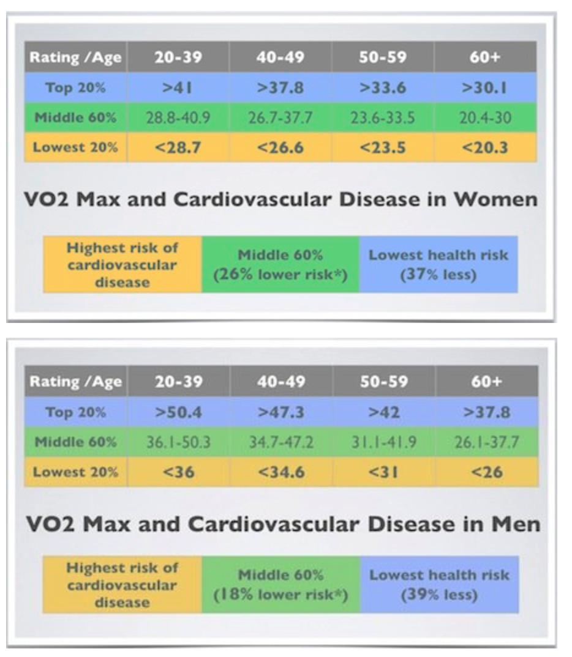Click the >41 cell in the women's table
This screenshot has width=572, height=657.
(x=178, y=87)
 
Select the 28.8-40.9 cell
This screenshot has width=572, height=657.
(x=178, y=117)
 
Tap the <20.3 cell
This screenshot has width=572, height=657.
(x=485, y=147)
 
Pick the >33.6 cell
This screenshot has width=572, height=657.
(x=383, y=87)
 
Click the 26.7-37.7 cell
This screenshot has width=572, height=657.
(x=280, y=117)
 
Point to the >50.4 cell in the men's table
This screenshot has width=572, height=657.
(x=178, y=412)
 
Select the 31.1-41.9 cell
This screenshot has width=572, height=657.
(x=384, y=442)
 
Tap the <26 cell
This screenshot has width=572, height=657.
(x=487, y=472)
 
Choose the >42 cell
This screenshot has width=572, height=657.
(x=384, y=412)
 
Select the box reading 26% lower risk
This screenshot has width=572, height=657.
(x=280, y=264)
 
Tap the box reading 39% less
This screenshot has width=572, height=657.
(x=439, y=584)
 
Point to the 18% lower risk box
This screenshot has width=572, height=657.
(x=280, y=584)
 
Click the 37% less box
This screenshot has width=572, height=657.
(x=438, y=264)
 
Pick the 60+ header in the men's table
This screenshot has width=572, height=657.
(x=487, y=381)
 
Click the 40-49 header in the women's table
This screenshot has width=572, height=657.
(x=280, y=58)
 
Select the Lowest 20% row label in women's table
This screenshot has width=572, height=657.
(x=75, y=147)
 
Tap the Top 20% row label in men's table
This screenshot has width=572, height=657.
(x=75, y=412)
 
